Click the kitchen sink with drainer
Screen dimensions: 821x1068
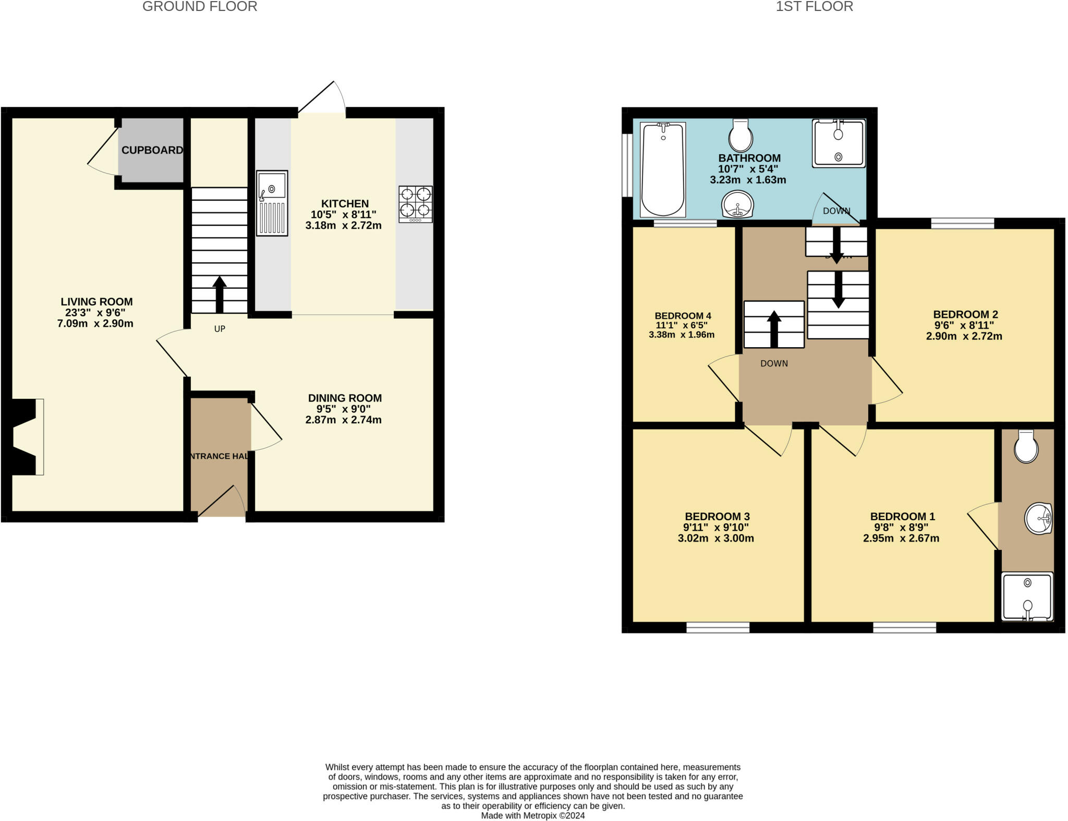[x=272, y=203]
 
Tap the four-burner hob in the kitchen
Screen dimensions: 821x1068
[x=416, y=204]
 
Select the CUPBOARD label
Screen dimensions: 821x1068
[x=152, y=150]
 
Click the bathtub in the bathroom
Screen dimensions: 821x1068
[x=662, y=169]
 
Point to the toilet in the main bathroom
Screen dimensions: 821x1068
[x=741, y=136]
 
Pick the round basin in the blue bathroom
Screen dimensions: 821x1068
[x=737, y=204]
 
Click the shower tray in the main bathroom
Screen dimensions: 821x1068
[x=839, y=143]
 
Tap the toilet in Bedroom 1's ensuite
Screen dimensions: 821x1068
[x=1026, y=447]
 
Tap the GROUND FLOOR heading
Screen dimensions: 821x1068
[x=200, y=7]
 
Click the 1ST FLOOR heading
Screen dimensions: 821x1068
[x=814, y=7]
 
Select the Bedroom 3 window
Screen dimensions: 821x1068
[x=718, y=628]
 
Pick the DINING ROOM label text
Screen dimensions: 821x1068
[x=345, y=398]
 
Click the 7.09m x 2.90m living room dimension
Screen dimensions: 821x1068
[x=95, y=324]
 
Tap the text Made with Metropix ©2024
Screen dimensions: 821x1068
[x=532, y=815]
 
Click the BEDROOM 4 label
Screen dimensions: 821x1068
[x=683, y=316]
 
